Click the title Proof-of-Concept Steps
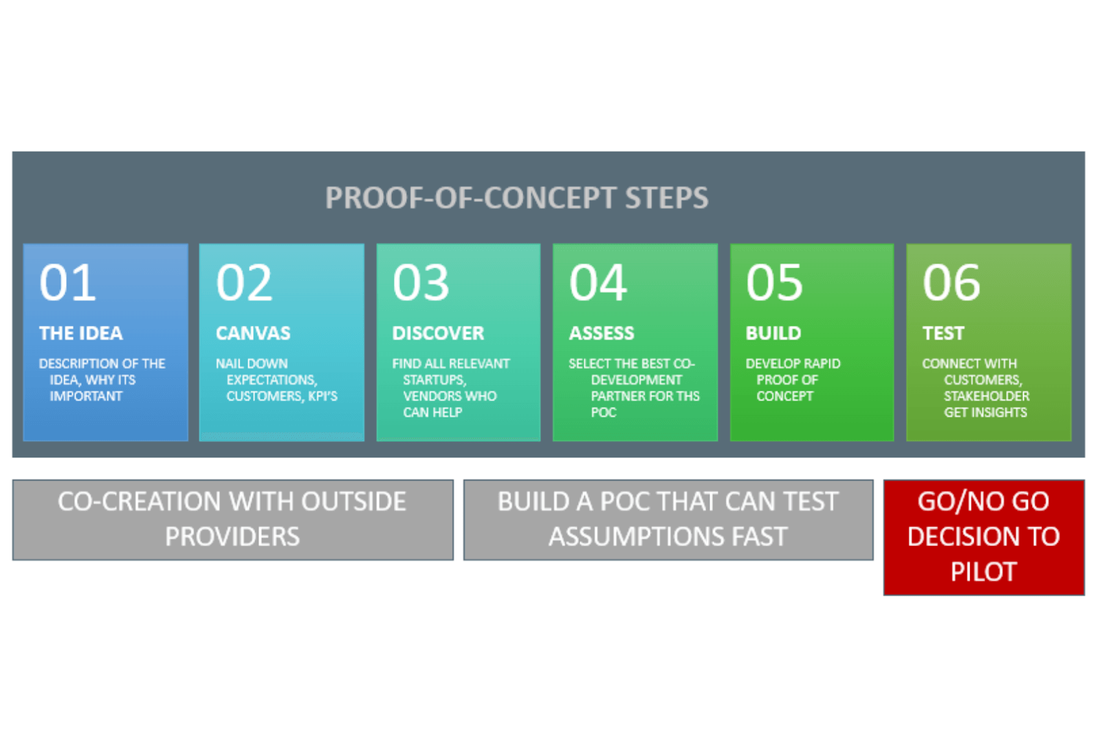516,198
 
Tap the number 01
67,283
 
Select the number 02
244,283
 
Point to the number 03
421,283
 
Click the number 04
597,283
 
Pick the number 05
774,283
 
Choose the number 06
951,283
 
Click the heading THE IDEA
81,333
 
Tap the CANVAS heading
254,333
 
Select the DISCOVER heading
438,333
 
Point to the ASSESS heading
602,333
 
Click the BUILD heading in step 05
773,333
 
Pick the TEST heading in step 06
943,333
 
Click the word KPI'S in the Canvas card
322,396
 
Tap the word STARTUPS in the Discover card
434,380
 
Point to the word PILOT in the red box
984,572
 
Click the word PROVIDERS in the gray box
232,536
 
